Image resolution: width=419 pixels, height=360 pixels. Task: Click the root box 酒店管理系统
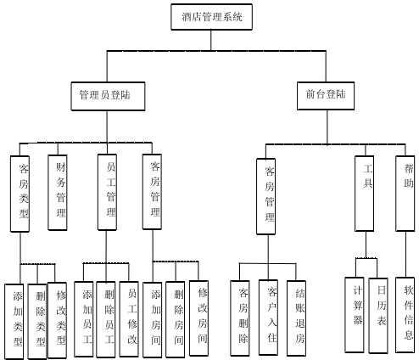tap(216, 16)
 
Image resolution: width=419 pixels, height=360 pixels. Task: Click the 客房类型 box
tap(22, 193)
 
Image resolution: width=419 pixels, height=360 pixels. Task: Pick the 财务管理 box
tap(59, 192)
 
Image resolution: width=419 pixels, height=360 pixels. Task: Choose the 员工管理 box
tap(107, 192)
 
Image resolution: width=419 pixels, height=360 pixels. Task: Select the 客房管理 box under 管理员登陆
tap(153, 192)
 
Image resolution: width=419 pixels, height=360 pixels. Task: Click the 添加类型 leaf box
tap(15, 320)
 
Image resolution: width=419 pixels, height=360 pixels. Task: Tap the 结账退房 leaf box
tap(296, 317)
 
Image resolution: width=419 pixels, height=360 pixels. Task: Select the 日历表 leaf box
tap(379, 313)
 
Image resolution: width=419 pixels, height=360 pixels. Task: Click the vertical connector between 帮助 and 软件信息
tap(406, 254)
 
